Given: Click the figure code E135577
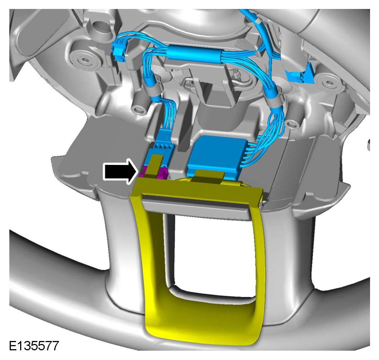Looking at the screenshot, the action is [x=34, y=345].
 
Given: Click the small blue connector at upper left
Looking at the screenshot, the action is [x=119, y=52].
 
